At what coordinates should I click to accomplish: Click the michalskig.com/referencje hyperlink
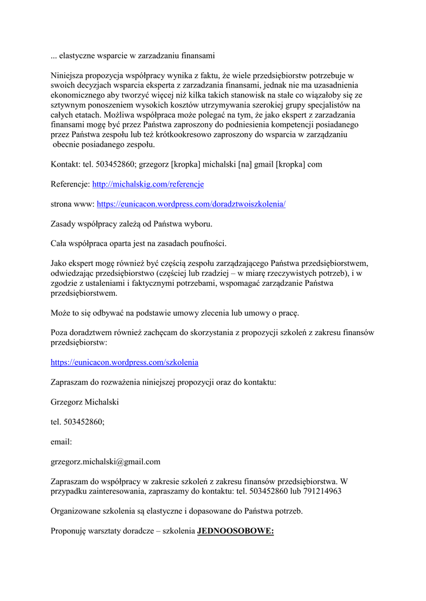(x=147, y=184)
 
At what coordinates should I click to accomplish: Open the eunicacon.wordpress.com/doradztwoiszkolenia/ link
(x=191, y=204)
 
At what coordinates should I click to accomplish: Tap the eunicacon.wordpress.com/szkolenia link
(x=124, y=362)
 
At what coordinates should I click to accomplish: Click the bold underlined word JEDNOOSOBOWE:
(x=236, y=531)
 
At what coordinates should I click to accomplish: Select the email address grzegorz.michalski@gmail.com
(x=105, y=461)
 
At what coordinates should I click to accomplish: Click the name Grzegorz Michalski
(x=85, y=402)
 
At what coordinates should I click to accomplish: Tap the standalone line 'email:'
(x=61, y=441)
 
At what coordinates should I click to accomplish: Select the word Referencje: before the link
(x=70, y=184)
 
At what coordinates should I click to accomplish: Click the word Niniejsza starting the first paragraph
(x=69, y=76)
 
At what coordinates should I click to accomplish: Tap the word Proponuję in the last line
(x=68, y=531)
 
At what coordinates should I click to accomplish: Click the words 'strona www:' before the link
(x=72, y=204)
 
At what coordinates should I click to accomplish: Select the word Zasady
(x=64, y=224)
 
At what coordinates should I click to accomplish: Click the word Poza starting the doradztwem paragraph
(x=59, y=333)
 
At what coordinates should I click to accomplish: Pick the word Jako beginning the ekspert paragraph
(x=59, y=264)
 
